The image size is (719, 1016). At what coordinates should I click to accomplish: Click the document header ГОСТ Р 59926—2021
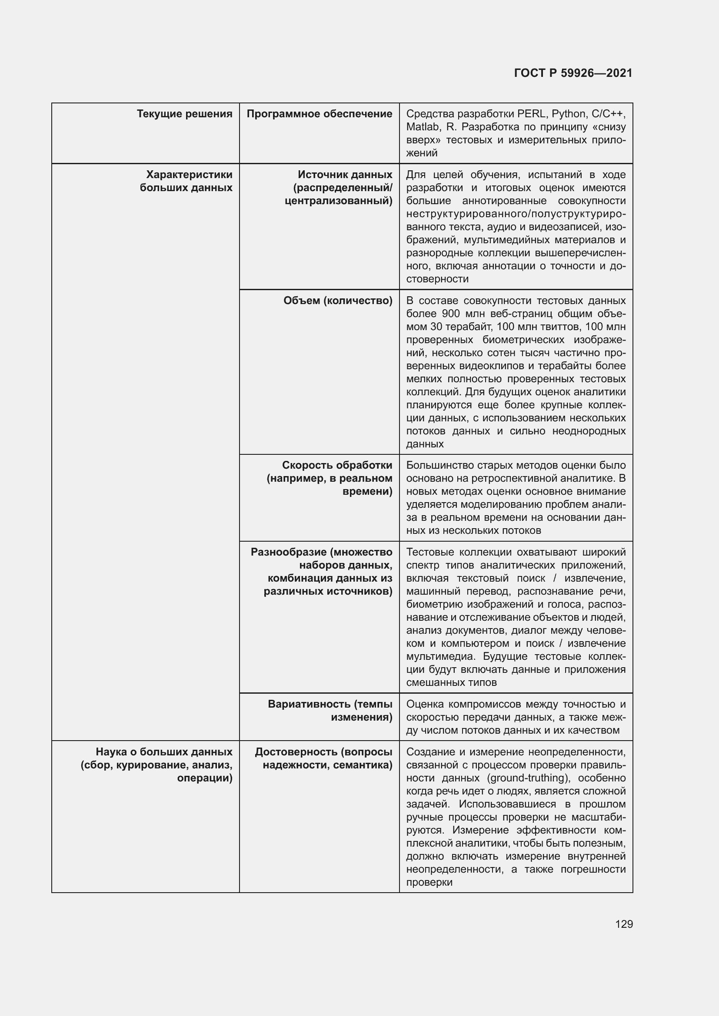coord(573,73)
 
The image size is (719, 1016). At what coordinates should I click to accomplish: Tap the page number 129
coord(623,924)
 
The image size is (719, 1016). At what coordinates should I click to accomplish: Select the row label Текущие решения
coord(184,114)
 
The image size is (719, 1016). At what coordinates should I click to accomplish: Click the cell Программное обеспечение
coord(319,114)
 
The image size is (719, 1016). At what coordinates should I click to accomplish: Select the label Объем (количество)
coord(338,301)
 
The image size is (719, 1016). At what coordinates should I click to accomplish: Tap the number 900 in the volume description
coord(451,314)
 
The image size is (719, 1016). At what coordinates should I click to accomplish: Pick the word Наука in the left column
coord(112,752)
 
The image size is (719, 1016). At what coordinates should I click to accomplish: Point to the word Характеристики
coord(189,175)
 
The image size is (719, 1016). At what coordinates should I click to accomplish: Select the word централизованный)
coord(338,201)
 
